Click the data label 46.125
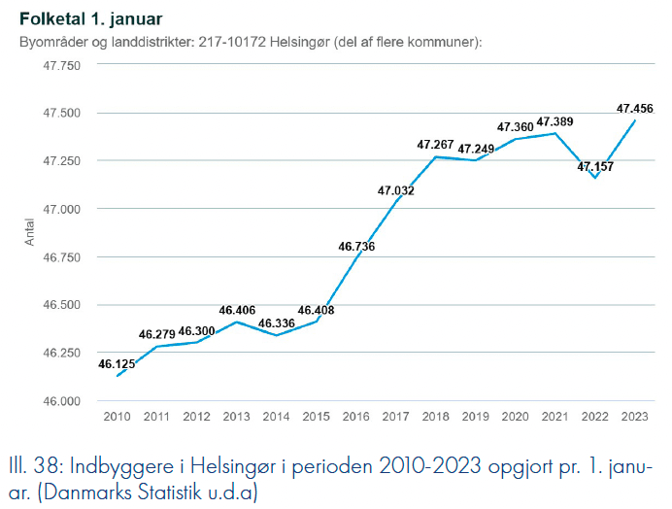pyautogui.click(x=117, y=364)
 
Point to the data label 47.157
pyautogui.click(x=595, y=167)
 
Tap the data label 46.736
pyautogui.click(x=356, y=246)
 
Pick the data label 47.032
pyautogui.click(x=396, y=190)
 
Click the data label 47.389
pyautogui.click(x=554, y=121)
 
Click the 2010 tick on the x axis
pyautogui.click(x=117, y=416)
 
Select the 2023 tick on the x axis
pyautogui.click(x=635, y=416)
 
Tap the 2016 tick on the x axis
pyautogui.click(x=356, y=416)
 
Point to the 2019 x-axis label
pyautogui.click(x=476, y=416)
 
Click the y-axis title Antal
pyautogui.click(x=31, y=233)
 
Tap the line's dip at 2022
pyautogui.click(x=595, y=178)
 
